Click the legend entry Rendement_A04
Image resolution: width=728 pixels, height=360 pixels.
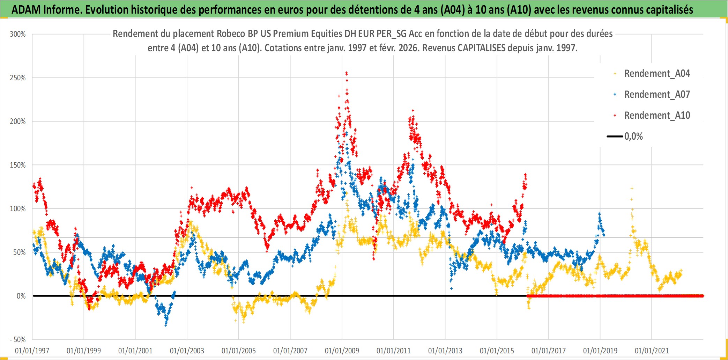(x=657, y=74)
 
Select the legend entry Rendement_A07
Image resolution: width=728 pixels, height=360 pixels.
(x=657, y=95)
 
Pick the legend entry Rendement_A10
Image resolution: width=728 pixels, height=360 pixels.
(x=657, y=116)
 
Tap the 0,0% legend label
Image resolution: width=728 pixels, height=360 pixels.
(x=633, y=137)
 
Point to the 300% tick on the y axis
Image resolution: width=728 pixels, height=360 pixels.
(x=18, y=34)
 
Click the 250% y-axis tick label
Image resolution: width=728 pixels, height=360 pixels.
(x=18, y=78)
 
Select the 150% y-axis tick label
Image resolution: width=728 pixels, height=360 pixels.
(x=18, y=165)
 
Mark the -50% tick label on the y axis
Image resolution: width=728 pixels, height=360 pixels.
(x=18, y=339)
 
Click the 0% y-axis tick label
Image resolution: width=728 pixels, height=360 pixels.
(x=21, y=296)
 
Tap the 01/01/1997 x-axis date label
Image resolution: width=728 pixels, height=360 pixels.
(x=32, y=351)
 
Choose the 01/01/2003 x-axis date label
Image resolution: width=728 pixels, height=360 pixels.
(x=187, y=351)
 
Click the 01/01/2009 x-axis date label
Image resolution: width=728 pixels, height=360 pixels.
(x=342, y=351)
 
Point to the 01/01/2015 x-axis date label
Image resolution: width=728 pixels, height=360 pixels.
(x=497, y=351)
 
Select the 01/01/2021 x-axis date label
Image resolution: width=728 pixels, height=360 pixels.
(x=652, y=351)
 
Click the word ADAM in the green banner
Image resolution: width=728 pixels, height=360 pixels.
(x=26, y=10)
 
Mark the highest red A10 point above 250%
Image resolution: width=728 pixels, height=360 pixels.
(x=346, y=73)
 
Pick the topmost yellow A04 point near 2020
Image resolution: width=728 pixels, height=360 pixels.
(x=632, y=188)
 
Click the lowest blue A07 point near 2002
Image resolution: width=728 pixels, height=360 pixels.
(x=166, y=325)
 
